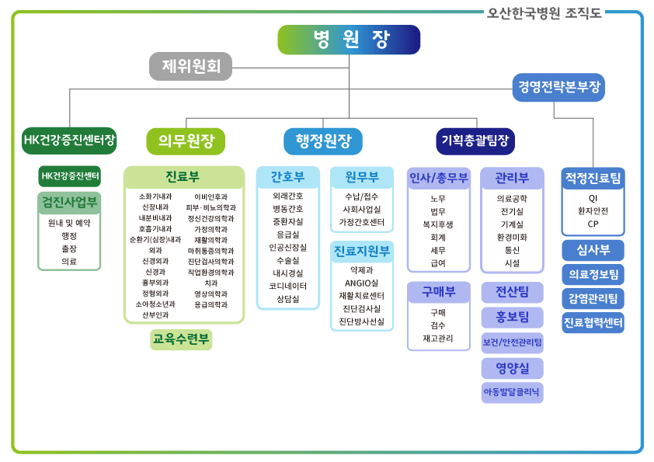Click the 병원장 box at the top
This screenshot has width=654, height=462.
(349, 40)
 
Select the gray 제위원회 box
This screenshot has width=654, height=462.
(190, 67)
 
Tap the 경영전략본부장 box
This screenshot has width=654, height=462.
(559, 87)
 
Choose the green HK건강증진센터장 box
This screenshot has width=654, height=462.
(70, 141)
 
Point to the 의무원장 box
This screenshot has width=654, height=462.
(186, 141)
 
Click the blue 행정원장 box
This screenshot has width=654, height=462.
(323, 141)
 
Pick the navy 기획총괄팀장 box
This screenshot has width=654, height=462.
(475, 141)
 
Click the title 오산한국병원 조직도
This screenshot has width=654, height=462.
(544, 13)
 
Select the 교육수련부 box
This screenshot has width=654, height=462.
(181, 339)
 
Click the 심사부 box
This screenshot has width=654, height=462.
(593, 250)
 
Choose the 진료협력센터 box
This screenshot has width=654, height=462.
(593, 322)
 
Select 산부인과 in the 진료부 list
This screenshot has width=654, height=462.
(155, 315)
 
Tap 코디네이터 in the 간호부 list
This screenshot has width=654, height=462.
(288, 286)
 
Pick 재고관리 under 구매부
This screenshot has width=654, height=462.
(438, 338)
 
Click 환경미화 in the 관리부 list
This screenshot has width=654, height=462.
(512, 237)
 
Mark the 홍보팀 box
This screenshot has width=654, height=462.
(512, 316)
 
